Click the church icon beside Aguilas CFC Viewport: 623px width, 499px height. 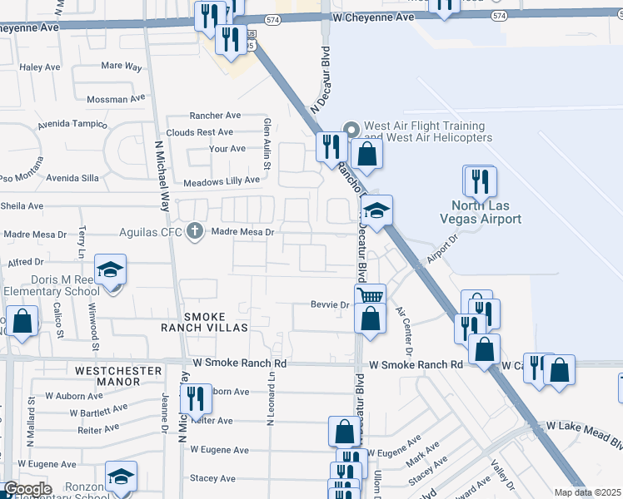point(196,230)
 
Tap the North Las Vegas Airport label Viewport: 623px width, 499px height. point(486,212)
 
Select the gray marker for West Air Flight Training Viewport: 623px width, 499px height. point(351,129)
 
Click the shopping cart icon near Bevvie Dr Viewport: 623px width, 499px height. point(370,295)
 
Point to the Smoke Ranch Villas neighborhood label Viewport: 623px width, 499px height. point(205,322)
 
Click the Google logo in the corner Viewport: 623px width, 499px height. point(27,489)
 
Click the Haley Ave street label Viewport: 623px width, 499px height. point(36,67)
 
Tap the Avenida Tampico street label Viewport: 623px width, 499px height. point(72,126)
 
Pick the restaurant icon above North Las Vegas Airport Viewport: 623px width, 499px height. point(480,180)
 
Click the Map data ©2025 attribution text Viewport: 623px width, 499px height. point(587,492)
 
